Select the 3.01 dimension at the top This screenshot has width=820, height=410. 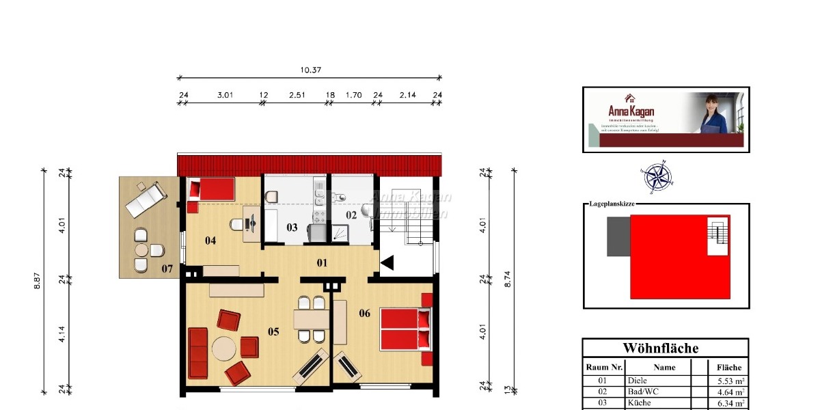tap(225, 95)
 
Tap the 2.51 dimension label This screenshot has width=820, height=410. tap(296, 95)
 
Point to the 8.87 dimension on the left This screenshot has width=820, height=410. tap(37, 281)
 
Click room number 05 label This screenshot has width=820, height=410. tap(273, 332)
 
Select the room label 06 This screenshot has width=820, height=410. tap(364, 314)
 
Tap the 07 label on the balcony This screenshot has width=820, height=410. tap(167, 269)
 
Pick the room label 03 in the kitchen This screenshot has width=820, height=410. tap(292, 228)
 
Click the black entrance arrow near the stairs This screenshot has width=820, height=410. tap(387, 262)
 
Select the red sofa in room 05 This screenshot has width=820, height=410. tap(198, 353)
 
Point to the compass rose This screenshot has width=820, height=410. tap(657, 177)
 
